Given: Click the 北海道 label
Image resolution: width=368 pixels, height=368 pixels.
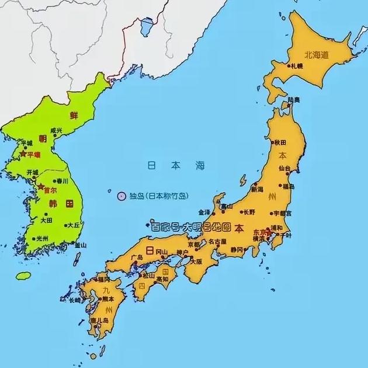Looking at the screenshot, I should point(316,54).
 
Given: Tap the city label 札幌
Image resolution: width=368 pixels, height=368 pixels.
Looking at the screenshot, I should point(297,67).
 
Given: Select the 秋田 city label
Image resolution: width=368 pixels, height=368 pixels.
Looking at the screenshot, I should point(281,142).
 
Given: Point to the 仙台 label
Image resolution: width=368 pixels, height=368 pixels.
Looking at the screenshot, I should point(284,168).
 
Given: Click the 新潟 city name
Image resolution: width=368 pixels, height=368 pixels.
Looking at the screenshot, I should point(258,190).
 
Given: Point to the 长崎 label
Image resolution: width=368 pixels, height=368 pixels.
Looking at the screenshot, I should point(75,301).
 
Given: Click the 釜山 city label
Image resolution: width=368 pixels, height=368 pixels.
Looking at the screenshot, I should point(80,246).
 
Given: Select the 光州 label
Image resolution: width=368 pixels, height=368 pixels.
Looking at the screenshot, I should point(42,238).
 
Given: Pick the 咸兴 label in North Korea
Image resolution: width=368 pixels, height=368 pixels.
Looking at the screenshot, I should point(56,130).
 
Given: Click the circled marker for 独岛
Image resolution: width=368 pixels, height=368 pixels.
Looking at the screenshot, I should point(121,195).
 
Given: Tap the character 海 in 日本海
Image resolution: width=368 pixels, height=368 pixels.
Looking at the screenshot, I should point(200,166).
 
